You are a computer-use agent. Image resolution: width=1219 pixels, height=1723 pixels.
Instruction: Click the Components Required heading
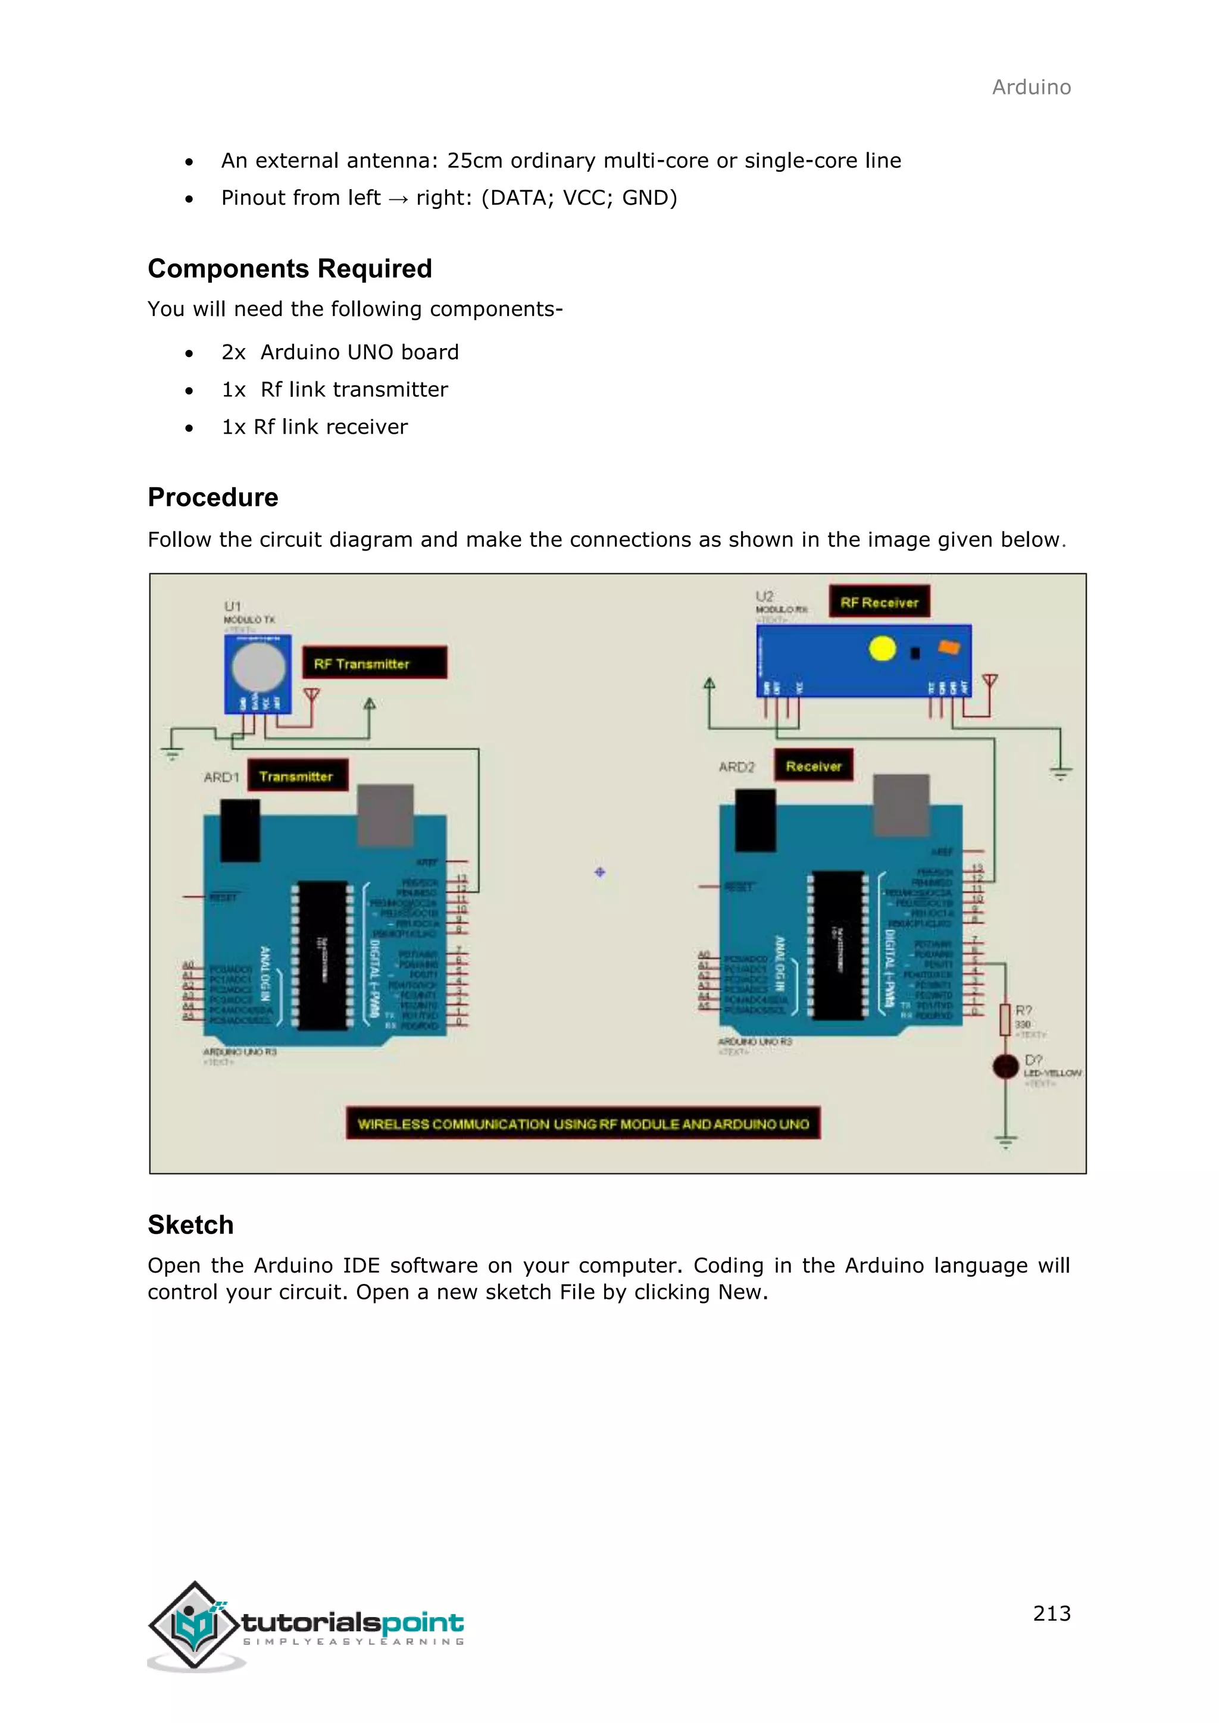click(290, 269)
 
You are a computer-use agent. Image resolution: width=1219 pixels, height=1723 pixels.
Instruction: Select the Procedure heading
click(212, 497)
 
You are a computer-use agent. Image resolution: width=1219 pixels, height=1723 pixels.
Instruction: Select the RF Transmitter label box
click(374, 663)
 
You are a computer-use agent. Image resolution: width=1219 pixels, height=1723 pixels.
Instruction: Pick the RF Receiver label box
click(879, 602)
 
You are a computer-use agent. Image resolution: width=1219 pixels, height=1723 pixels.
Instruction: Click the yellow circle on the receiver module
click(882, 649)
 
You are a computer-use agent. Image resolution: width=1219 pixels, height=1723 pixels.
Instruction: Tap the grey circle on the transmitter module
click(258, 667)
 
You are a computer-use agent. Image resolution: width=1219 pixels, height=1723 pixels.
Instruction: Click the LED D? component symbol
click(1005, 1066)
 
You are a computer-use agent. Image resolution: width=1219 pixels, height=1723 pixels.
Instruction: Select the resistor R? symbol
click(1005, 1020)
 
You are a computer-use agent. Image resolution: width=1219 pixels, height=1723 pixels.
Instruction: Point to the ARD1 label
click(221, 778)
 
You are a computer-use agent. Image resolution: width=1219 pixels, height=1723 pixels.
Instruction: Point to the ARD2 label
click(736, 767)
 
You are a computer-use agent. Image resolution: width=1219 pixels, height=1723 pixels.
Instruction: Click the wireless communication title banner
click(583, 1123)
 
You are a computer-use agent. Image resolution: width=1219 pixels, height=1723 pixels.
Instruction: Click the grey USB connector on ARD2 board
click(901, 804)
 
